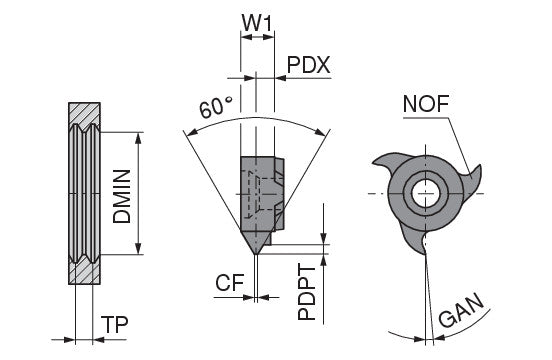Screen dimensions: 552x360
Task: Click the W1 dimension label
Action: tap(257, 23)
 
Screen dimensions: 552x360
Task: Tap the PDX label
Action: tap(309, 65)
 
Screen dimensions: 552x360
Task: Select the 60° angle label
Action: tap(215, 106)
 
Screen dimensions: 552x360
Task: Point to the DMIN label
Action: tap(122, 196)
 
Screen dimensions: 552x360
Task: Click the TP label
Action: tap(115, 324)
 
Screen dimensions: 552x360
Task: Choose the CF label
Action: tap(230, 282)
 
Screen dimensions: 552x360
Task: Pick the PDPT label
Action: tap(307, 293)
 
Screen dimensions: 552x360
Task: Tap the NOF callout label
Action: tap(426, 103)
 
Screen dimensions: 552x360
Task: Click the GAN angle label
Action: tap(461, 310)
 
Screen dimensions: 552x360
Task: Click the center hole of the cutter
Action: tap(426, 193)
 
